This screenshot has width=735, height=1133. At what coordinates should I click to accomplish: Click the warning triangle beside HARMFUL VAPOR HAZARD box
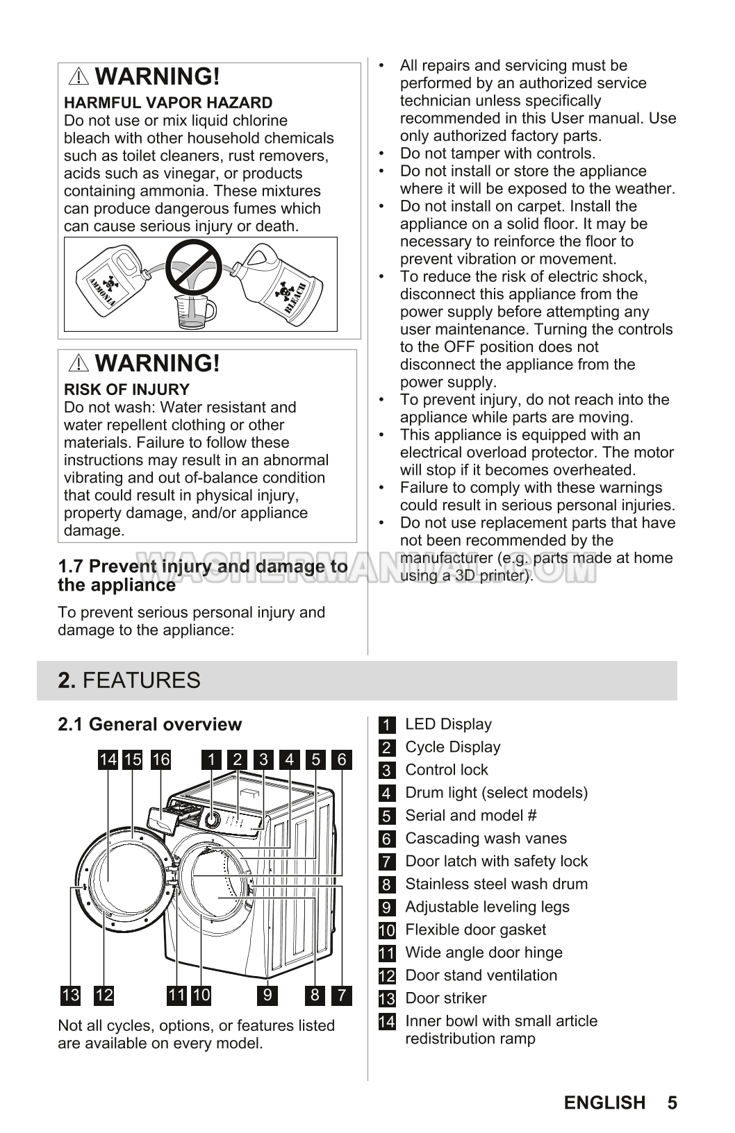coord(80,76)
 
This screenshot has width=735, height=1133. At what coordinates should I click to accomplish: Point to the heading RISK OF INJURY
coord(126,389)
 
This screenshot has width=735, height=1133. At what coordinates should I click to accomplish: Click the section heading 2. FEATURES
coord(129,680)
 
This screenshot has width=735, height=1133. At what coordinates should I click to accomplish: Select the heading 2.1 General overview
coord(149,724)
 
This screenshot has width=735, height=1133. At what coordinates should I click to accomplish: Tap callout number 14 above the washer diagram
coord(108,759)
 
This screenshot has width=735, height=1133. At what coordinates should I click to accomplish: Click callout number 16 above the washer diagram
coord(160,759)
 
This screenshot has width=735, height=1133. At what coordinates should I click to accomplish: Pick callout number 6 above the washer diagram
coord(341,759)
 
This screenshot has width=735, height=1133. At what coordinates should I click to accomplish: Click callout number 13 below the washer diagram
coord(70,996)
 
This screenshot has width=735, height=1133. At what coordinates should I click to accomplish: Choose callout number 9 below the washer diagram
coord(267,996)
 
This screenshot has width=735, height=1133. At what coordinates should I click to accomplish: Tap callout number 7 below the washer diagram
coord(341,996)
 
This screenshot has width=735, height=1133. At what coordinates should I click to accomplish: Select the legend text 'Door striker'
coord(445,998)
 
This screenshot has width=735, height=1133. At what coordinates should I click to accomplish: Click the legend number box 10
coord(387,930)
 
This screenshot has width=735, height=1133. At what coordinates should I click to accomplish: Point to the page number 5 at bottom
coord(672,1102)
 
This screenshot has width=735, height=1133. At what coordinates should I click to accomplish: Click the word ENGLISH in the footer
coord(604,1102)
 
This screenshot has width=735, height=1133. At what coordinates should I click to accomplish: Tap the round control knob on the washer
coord(212,820)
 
